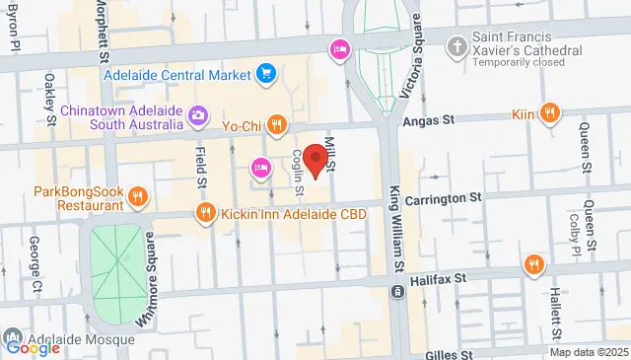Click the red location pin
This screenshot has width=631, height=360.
(x=315, y=159)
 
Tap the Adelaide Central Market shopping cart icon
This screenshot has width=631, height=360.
(x=265, y=72)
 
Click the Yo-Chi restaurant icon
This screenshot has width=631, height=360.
(x=279, y=125)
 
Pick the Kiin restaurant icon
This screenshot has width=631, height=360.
(x=549, y=115)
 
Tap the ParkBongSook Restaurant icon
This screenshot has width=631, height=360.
(x=139, y=197)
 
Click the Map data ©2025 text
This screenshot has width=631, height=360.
(x=588, y=352)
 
